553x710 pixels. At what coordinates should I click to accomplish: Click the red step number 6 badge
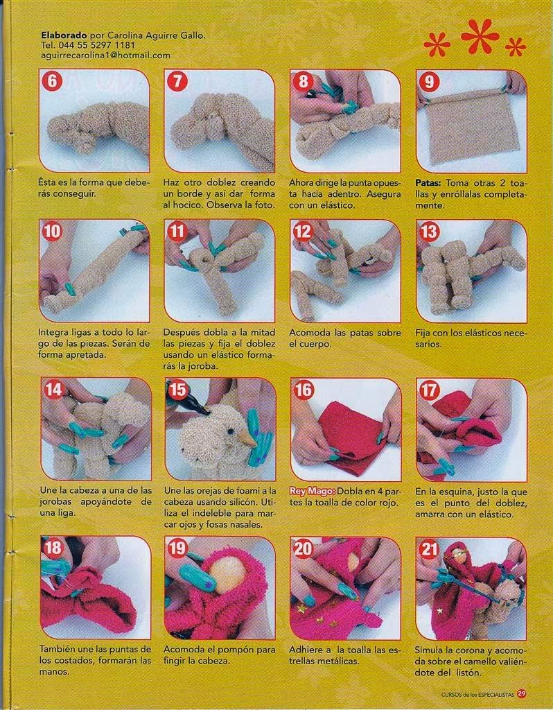coord(51,81)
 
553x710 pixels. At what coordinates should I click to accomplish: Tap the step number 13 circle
coord(429,232)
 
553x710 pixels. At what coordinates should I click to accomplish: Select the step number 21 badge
coord(429,549)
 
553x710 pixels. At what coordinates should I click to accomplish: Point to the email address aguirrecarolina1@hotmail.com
coord(105,55)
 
